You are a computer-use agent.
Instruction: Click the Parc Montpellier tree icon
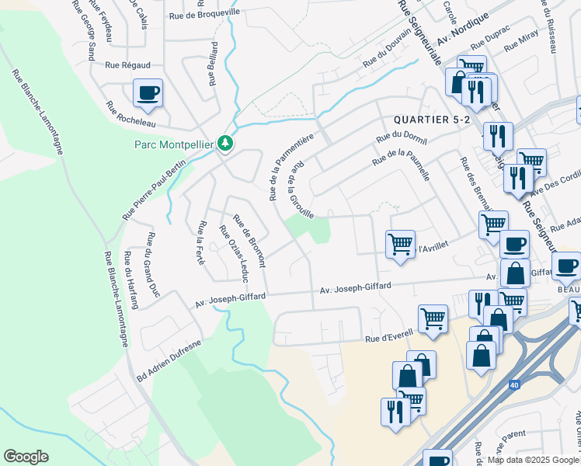coord(225,143)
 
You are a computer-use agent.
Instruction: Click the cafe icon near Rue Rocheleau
coord(148,94)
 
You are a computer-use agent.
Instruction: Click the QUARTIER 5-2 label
coord(432,120)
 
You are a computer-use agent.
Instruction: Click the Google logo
coord(26,457)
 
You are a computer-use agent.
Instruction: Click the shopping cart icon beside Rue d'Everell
coord(433,317)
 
